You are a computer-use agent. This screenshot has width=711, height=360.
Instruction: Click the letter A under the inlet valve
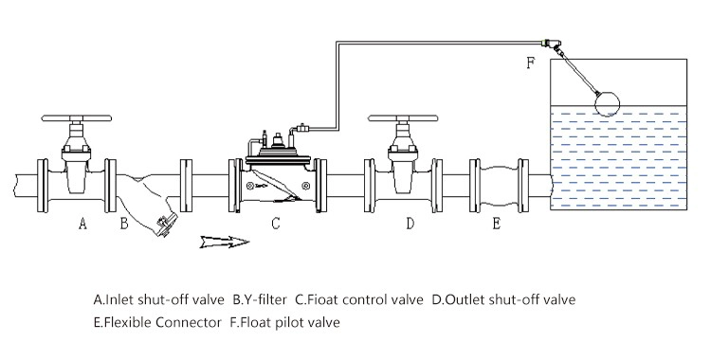coord(82,223)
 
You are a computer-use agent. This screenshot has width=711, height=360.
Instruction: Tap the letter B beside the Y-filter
coord(124,223)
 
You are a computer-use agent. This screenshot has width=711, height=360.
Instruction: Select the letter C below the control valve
coord(276,223)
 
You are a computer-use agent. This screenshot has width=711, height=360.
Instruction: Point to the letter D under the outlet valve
coord(410,223)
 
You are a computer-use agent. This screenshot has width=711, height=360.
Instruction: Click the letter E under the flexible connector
coord(497,223)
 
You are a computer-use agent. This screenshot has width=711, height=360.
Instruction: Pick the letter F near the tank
coord(531,63)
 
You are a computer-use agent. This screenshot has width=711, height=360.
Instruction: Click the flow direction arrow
coord(225,242)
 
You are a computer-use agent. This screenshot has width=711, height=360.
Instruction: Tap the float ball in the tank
coord(607,103)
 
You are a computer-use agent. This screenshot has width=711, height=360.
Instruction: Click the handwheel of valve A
coord(76,118)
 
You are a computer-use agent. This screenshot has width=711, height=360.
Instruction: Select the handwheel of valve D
coord(403,118)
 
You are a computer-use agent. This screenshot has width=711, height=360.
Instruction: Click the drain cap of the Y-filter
coord(165,225)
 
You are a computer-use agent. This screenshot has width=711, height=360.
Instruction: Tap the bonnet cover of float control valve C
coord(278,159)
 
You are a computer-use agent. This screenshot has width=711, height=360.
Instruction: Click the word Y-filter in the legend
coord(260,299)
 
